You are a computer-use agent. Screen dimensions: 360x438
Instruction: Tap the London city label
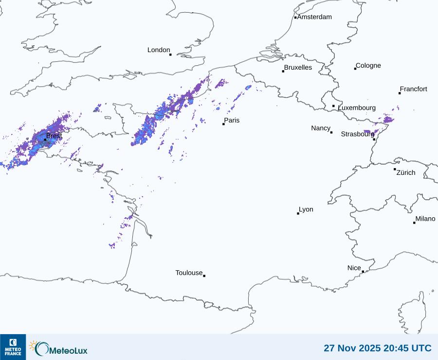[159, 50]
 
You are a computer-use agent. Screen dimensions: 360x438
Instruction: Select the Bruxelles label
[298, 68]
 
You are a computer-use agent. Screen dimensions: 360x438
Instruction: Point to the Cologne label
[368, 66]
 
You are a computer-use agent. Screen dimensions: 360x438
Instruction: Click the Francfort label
[413, 89]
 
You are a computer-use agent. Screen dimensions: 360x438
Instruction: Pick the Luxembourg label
[357, 108]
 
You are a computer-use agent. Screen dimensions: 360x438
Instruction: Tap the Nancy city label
[321, 128]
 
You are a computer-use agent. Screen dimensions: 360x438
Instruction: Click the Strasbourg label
[357, 134]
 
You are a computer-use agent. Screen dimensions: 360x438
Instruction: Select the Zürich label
[406, 172]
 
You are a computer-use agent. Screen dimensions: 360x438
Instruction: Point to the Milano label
[425, 219]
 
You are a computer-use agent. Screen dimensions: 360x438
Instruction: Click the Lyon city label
[306, 209]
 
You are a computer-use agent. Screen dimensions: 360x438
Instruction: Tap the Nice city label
[354, 268]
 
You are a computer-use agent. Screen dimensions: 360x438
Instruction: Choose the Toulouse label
[189, 273]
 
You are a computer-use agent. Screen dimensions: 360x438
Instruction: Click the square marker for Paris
[223, 124]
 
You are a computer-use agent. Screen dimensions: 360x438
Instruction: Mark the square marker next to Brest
[45, 139]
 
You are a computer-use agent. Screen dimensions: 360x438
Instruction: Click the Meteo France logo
[13, 346]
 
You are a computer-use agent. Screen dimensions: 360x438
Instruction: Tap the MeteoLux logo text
[69, 349]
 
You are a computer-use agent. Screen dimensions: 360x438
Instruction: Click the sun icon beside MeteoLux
[33, 345]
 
